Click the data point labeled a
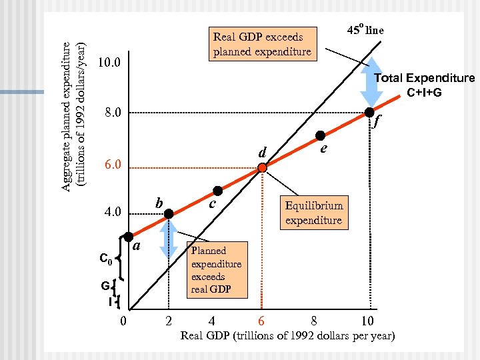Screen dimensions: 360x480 [x=129, y=236]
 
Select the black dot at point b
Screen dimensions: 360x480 [x=169, y=213]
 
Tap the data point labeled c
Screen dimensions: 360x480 [x=217, y=191]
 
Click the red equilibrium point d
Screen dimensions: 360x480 [x=263, y=169]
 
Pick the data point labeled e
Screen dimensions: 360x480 [x=320, y=135]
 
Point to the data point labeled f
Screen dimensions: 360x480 [x=369, y=113]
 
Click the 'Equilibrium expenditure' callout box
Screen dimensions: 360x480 [x=313, y=213]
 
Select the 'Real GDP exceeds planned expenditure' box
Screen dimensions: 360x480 [x=262, y=44]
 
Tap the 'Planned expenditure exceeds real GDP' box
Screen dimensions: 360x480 [x=216, y=270]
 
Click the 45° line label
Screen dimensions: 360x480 [x=370, y=30]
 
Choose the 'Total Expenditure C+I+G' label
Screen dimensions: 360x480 [x=424, y=85]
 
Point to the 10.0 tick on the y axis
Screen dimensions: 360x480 [x=108, y=63]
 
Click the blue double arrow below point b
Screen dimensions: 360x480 [x=169, y=238]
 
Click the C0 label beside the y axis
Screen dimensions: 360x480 [x=105, y=258]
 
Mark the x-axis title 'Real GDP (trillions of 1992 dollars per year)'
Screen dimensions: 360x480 [x=287, y=335]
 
